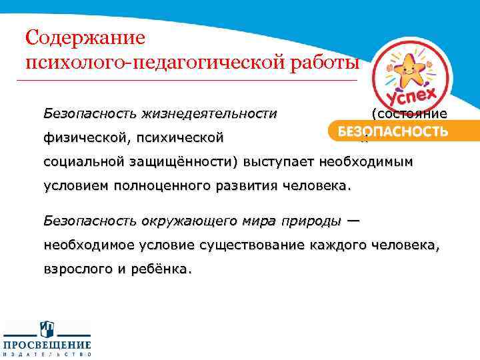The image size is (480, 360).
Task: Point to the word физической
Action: pos(81,138)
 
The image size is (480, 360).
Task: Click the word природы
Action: pos(313,221)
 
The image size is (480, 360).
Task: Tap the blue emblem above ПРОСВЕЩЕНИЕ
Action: pos(47,329)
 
